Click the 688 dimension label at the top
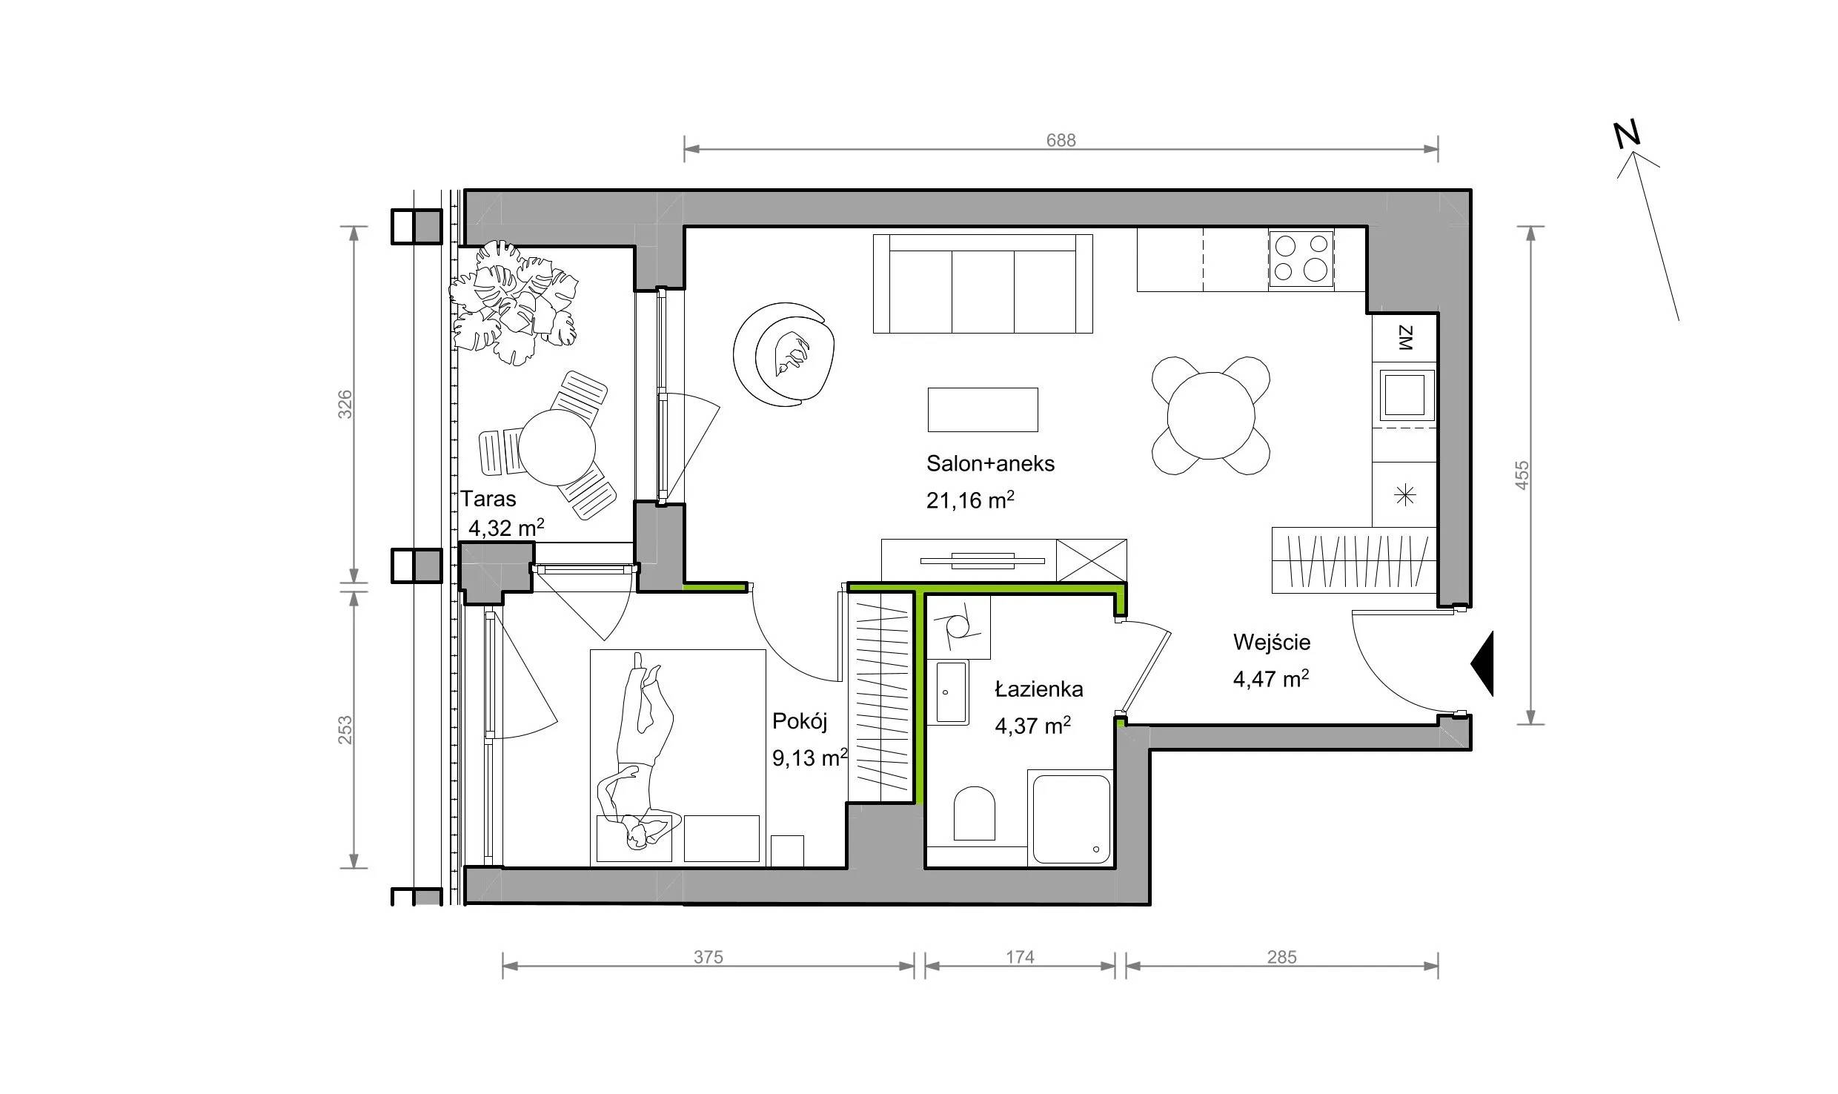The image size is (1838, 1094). pyautogui.click(x=1061, y=140)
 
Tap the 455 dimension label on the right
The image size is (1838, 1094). pyautogui.click(x=1522, y=474)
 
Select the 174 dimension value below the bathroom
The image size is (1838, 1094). pyautogui.click(x=1020, y=958)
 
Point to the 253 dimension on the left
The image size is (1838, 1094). pyautogui.click(x=345, y=730)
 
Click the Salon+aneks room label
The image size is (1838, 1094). pyautogui.click(x=990, y=464)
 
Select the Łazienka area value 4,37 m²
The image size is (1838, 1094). pyautogui.click(x=1032, y=726)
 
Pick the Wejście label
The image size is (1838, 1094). pyautogui.click(x=1272, y=642)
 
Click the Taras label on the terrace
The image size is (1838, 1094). pyautogui.click(x=488, y=498)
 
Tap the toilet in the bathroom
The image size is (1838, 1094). pyautogui.click(x=974, y=814)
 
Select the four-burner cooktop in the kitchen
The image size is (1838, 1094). pyautogui.click(x=1301, y=259)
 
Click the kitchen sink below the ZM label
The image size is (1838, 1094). pyautogui.click(x=1404, y=395)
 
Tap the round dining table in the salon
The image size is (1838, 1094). pyautogui.click(x=1211, y=416)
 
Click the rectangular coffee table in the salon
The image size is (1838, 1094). pyautogui.click(x=983, y=410)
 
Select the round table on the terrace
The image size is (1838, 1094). pyautogui.click(x=557, y=447)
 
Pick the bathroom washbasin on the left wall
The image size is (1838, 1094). pyautogui.click(x=951, y=692)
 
